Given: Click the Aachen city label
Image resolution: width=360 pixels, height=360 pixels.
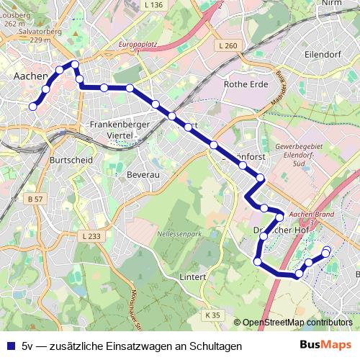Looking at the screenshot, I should click(31, 75).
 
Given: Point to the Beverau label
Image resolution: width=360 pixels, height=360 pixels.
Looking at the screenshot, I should click(142, 175).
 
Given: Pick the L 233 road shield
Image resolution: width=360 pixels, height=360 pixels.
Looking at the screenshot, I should click(91, 235).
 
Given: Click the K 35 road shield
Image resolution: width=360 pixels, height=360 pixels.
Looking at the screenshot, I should click(212, 315).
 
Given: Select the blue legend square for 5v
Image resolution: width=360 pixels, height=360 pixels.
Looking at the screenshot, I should click(11, 346).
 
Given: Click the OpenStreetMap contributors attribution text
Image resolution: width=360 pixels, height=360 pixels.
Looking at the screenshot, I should click(297, 323).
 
